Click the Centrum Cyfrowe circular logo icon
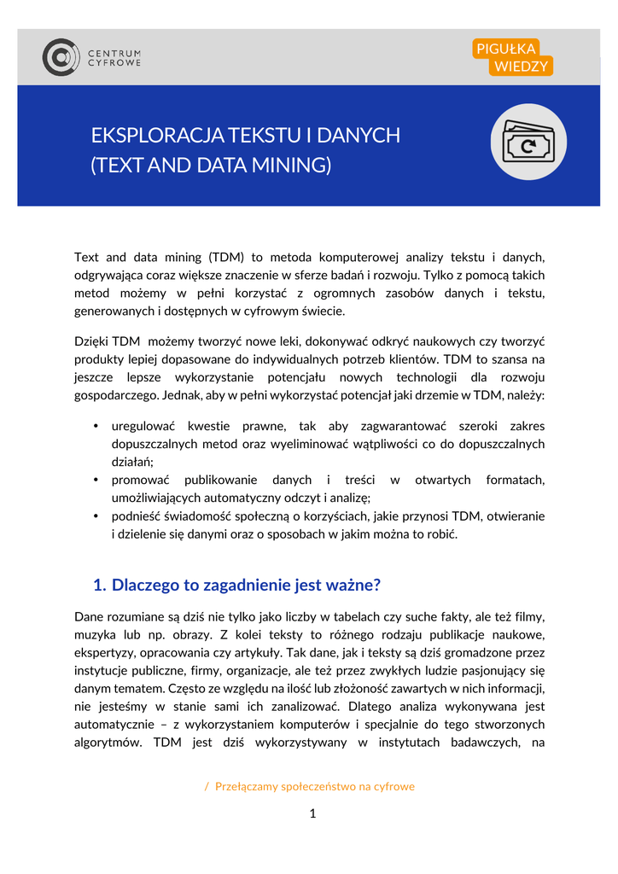[x=61, y=57]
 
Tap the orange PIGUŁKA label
[x=505, y=49]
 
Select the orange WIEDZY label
[x=521, y=67]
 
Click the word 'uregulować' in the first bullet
[x=143, y=426]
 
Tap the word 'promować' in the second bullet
[x=141, y=481]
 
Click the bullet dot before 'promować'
[x=96, y=481]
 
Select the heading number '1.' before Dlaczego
[x=99, y=586]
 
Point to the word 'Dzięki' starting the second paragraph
[x=91, y=341]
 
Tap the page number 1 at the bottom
[x=312, y=813]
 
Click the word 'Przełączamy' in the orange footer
[x=247, y=786]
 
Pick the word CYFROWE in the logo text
[x=115, y=63]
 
